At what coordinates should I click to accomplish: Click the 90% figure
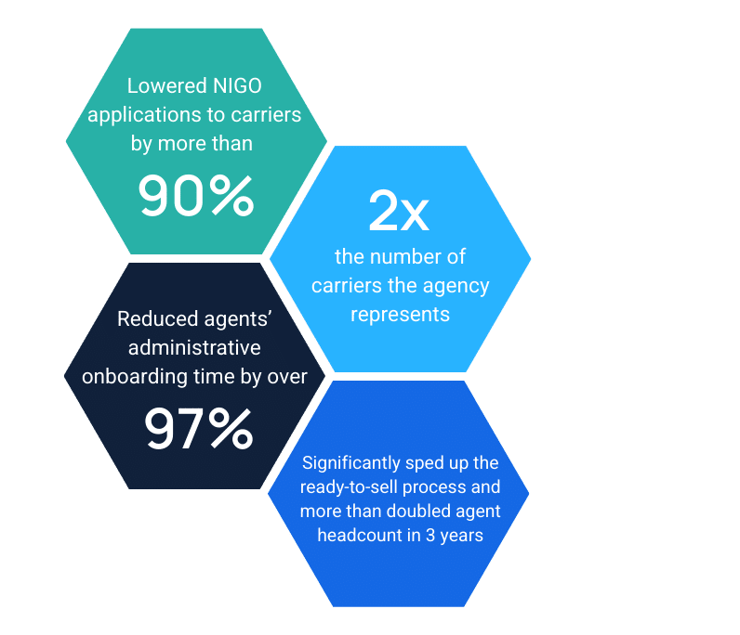pos(195,195)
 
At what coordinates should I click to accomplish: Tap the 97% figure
pos(198,428)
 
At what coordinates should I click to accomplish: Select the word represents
pos(399,314)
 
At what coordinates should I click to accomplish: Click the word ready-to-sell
pos(354,486)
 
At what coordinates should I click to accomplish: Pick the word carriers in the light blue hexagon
pos(346,285)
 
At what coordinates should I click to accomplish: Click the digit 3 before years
pos(429,535)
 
